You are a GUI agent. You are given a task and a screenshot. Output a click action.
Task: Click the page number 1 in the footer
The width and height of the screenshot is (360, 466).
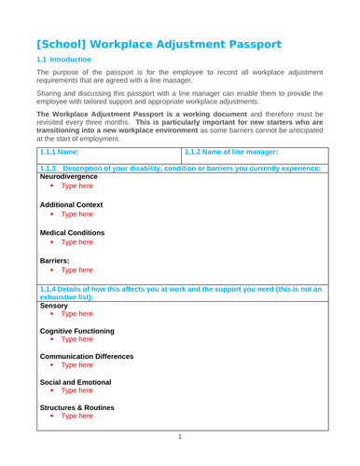coord(180,436)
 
